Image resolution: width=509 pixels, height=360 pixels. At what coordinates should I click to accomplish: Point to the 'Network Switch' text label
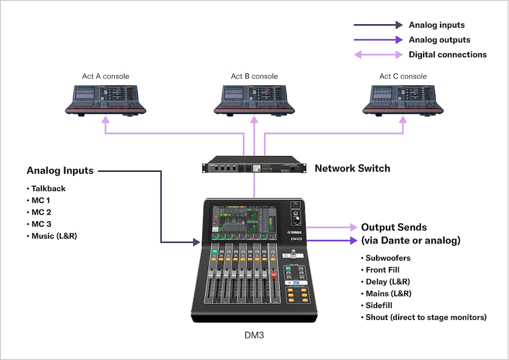pyautogui.click(x=352, y=168)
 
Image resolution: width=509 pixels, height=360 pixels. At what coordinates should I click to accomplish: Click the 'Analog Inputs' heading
pyautogui.click(x=60, y=171)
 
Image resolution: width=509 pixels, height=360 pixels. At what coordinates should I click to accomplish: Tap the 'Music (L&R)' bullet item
pyautogui.click(x=54, y=236)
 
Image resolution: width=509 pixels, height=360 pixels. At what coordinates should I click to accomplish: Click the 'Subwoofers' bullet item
pyautogui.click(x=388, y=258)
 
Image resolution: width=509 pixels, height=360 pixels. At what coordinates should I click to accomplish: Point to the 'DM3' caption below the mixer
pyautogui.click(x=254, y=335)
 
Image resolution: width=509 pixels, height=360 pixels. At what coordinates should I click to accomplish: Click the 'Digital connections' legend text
pyautogui.click(x=447, y=55)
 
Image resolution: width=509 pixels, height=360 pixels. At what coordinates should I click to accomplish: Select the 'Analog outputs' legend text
pyautogui.click(x=439, y=40)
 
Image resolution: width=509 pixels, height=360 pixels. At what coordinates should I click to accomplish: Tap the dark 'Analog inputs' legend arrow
pyautogui.click(x=377, y=25)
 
